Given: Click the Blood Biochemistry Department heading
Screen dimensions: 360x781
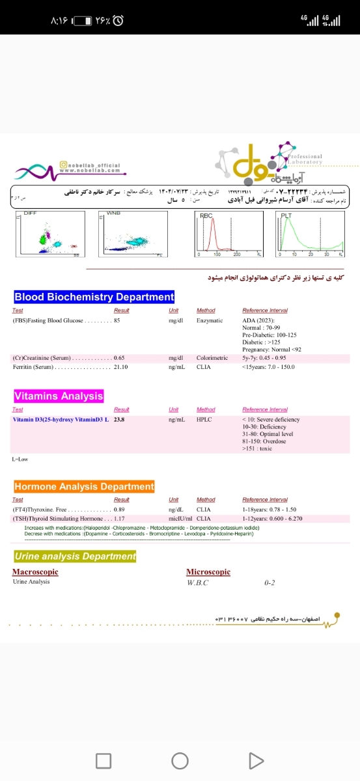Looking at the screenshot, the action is [94, 297].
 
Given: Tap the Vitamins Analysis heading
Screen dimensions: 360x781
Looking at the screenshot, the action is [59, 396].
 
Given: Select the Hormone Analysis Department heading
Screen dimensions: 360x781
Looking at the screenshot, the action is [84, 486].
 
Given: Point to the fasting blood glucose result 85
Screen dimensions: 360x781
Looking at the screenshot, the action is [117, 320].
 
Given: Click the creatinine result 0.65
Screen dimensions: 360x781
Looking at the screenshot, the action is [119, 358].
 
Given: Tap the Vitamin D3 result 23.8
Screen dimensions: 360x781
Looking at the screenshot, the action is [118, 420].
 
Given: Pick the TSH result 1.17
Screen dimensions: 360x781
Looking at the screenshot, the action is [119, 519].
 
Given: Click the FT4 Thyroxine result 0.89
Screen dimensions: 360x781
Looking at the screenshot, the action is [119, 509].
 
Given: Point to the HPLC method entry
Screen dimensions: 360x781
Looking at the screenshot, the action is [204, 420].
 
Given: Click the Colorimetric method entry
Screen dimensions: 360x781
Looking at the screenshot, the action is [212, 358].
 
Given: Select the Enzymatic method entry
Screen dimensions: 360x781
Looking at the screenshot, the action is [210, 320].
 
